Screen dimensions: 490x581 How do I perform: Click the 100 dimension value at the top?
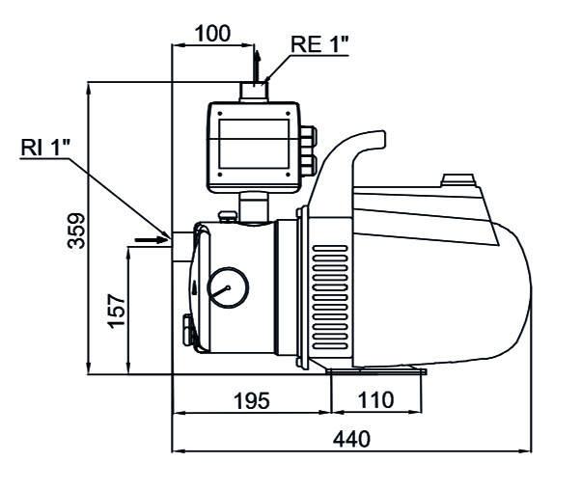[x=212, y=32]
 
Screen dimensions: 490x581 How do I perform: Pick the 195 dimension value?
[x=251, y=400]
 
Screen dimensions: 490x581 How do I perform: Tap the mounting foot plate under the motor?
[x=376, y=371]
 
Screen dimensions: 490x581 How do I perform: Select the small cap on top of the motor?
[x=457, y=179]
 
